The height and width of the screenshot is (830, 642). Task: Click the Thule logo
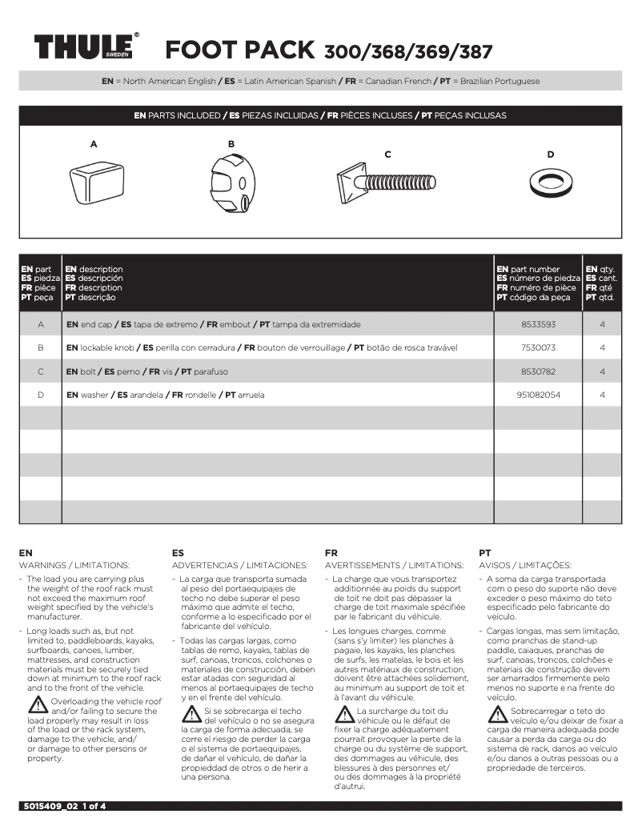pos(82,47)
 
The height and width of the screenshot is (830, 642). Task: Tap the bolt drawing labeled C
pos(387,183)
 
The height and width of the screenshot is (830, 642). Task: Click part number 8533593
pos(537,325)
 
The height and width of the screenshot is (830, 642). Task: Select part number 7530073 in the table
pos(537,348)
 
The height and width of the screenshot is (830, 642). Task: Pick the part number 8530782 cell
pos(537,371)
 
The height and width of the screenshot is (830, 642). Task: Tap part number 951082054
pos(537,395)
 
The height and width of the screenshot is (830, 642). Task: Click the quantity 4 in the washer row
pos(602,395)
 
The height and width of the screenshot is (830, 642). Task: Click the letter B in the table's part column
pos(40,348)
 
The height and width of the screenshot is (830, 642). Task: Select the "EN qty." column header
pos(601,270)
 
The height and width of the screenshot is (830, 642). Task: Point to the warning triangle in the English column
pos(38,705)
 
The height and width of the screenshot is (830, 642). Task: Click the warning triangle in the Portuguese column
pos(497,714)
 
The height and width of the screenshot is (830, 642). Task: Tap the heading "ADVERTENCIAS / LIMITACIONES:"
pos(239,566)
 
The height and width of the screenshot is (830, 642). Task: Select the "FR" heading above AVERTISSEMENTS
pos(331,553)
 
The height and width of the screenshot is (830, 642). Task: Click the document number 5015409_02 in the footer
pos(50,807)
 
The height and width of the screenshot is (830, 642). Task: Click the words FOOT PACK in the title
pos(239,50)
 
